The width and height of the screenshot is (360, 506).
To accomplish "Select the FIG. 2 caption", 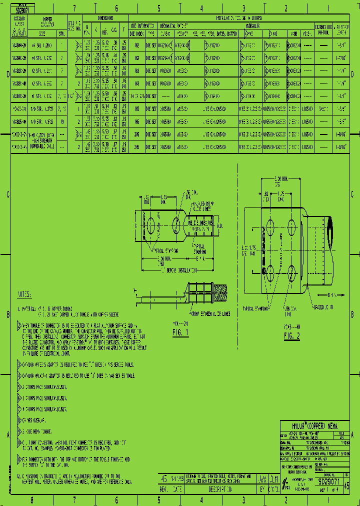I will (291, 335).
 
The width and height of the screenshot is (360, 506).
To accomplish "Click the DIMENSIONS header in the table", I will (105, 17).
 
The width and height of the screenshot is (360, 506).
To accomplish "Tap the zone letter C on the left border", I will (8, 195).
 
